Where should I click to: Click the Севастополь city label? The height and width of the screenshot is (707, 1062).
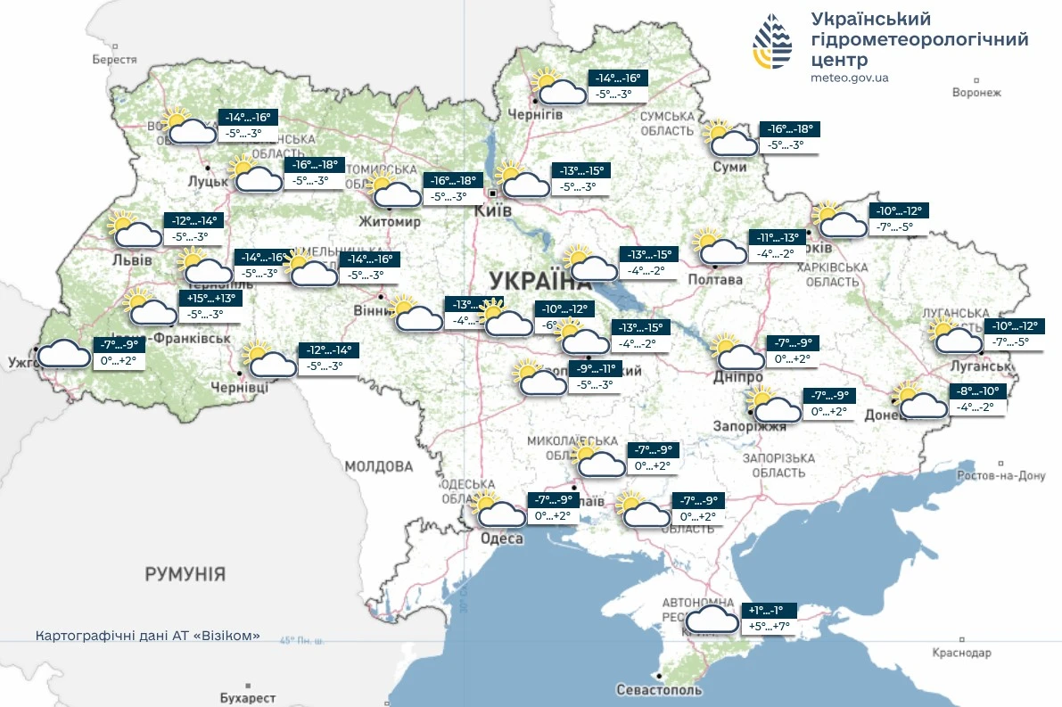659,690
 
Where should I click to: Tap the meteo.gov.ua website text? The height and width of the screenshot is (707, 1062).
849,78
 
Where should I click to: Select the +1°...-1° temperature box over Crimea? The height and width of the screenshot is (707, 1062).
766,611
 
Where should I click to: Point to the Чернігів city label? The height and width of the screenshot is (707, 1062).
535,114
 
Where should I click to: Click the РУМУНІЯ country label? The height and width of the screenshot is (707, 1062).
185,573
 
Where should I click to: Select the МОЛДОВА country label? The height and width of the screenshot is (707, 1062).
379,466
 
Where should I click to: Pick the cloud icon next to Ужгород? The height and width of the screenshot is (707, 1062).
64,354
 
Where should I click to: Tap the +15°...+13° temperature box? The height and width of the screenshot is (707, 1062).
210,298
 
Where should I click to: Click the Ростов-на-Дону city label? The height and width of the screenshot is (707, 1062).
1000,476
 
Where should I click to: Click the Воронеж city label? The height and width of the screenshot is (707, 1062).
976,92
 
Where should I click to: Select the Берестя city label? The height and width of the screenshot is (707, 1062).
115,60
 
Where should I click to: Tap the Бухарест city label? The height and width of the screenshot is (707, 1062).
247,698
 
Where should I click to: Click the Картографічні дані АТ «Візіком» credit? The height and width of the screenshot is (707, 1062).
148,636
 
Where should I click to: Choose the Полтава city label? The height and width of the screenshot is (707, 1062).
715,279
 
